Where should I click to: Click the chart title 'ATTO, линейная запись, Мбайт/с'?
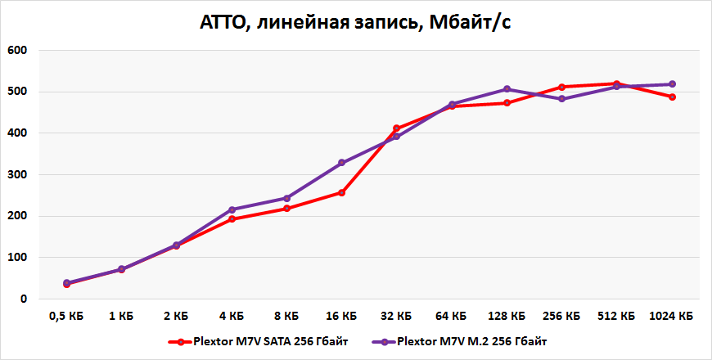356,22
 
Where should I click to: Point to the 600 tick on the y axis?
17,51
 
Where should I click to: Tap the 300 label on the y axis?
17,175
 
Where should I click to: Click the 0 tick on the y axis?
24,299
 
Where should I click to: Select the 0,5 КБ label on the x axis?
66,316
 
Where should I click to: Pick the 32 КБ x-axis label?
396,316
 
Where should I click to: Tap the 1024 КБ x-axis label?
671,316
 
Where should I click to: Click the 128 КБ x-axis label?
507,316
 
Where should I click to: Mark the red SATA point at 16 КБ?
341,193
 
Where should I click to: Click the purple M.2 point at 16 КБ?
341,163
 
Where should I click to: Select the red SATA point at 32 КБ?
396,128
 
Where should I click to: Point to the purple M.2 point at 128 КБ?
507,89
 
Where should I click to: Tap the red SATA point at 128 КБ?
507,103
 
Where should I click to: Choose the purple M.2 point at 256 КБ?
561,99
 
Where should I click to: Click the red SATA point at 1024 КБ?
672,97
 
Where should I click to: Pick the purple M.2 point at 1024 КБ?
672,84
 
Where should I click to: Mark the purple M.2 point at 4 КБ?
232,210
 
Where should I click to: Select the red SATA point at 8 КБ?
286,209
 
